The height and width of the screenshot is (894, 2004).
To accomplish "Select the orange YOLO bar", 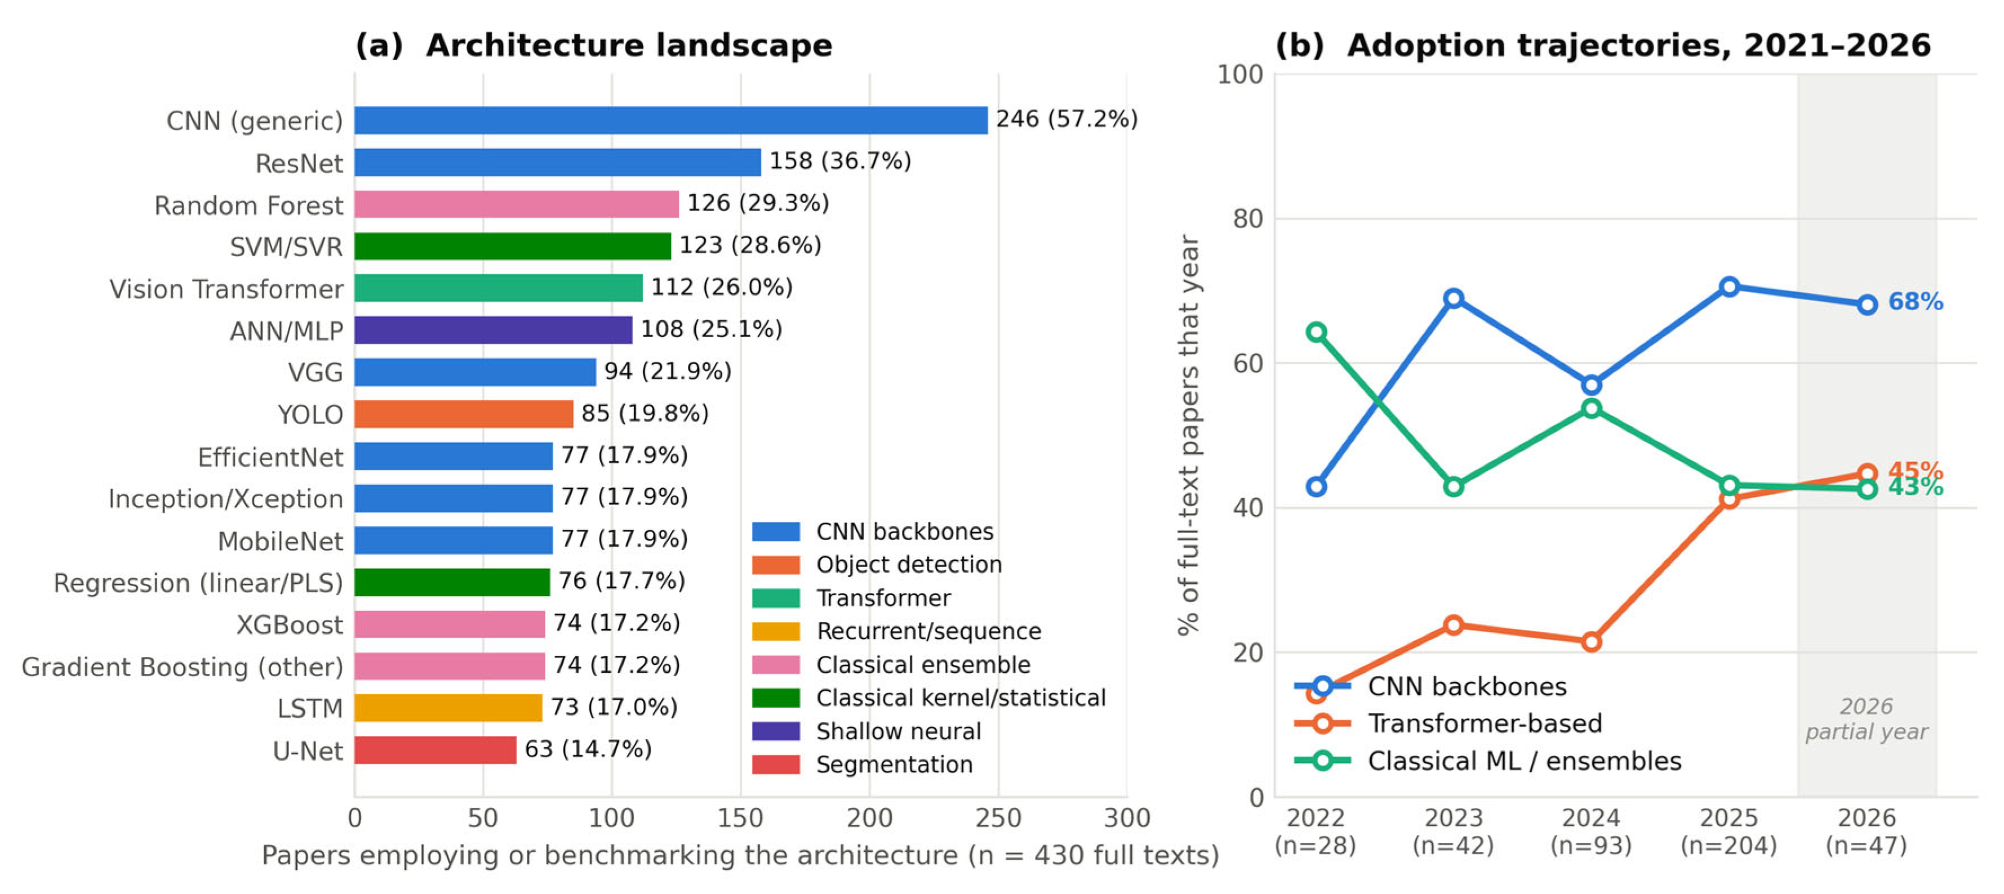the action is click(x=464, y=414).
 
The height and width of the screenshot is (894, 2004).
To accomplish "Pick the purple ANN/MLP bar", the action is click(x=493, y=329).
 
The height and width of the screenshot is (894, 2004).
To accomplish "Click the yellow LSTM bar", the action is click(x=448, y=708).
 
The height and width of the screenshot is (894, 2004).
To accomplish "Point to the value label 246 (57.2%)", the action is click(x=1067, y=119).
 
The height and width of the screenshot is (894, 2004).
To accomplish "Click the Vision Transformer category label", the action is click(x=225, y=289).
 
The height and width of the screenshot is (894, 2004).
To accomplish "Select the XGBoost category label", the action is click(x=290, y=624).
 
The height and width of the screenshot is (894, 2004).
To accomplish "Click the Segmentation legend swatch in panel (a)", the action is click(x=776, y=764).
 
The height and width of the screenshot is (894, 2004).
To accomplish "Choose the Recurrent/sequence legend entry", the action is click(x=896, y=631).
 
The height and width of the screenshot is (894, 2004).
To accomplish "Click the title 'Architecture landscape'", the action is click(x=629, y=45).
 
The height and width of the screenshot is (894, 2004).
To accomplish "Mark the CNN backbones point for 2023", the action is click(x=1453, y=298).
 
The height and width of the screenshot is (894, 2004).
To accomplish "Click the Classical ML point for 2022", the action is click(x=1316, y=332).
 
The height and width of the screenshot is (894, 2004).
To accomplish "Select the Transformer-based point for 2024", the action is click(x=1591, y=641).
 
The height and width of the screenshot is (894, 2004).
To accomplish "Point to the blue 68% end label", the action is click(x=1916, y=302).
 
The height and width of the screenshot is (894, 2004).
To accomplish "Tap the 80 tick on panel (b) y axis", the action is click(x=1248, y=218).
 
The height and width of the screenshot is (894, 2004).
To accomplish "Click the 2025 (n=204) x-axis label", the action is click(x=1728, y=831).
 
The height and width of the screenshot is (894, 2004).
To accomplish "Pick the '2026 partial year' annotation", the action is click(x=1867, y=719).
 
